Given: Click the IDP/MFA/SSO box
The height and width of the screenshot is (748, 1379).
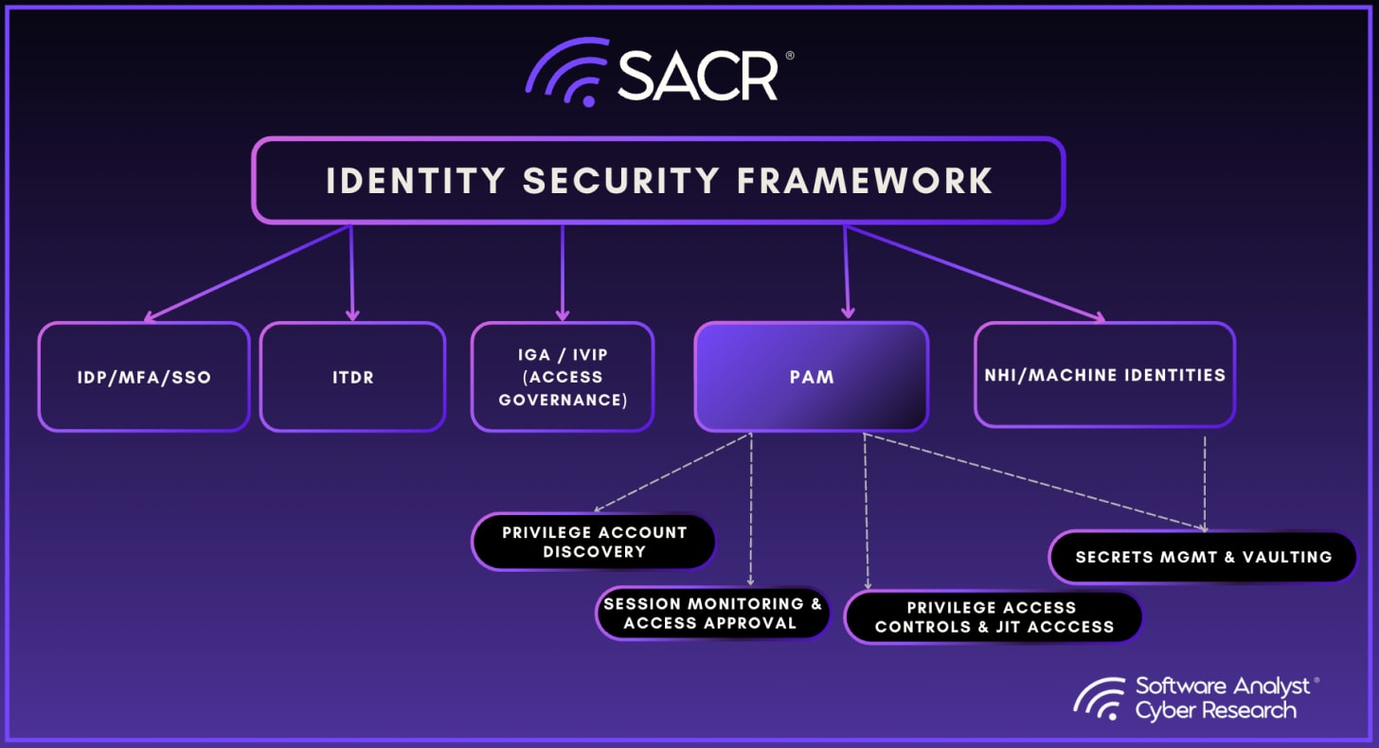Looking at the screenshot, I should click(x=144, y=377).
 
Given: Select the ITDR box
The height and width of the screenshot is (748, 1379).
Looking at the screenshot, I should click(x=352, y=377).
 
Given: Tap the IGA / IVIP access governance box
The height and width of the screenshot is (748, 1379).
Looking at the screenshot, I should click(x=563, y=377).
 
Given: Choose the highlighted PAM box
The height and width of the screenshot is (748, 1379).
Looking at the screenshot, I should click(x=811, y=377).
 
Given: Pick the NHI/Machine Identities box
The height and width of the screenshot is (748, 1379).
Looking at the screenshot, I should click(x=1104, y=375).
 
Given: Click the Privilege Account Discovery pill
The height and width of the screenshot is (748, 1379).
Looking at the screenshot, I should click(x=594, y=542).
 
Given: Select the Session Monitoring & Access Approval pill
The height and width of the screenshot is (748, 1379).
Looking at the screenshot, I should click(x=712, y=613).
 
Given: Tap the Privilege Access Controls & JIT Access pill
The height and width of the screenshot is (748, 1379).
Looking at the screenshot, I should click(x=993, y=616).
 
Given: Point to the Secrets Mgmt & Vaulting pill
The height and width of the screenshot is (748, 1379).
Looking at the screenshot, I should click(x=1203, y=557).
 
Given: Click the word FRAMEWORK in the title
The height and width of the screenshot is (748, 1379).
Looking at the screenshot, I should click(x=866, y=181).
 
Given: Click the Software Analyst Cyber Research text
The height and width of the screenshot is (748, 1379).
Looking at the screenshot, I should click(x=1225, y=698).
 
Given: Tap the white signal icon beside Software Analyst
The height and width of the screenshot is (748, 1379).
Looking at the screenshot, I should click(x=1100, y=699).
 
